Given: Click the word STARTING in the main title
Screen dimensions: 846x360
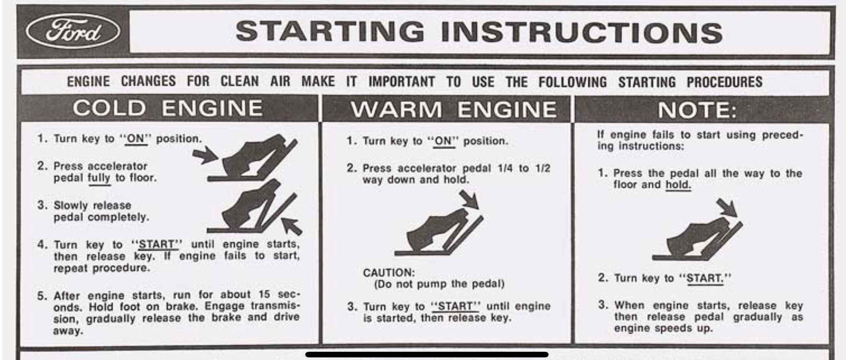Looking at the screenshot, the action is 330,32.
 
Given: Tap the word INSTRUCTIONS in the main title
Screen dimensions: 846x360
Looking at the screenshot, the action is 582,33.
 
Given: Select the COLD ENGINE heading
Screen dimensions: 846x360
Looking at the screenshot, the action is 168,108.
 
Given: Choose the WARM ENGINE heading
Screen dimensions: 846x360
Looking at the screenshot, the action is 454,110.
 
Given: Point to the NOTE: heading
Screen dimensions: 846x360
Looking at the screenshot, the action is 697,110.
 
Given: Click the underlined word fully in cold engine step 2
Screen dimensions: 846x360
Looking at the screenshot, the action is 99,178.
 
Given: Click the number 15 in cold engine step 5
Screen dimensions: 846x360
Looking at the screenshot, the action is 264,294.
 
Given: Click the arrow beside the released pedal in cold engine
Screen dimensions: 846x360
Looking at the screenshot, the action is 292,226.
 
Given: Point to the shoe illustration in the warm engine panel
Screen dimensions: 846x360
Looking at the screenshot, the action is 439,231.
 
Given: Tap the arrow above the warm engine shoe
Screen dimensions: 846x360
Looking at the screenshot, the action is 470,199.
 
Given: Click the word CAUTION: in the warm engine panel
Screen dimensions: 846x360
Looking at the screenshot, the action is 389,273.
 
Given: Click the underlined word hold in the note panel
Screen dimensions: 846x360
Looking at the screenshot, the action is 678,185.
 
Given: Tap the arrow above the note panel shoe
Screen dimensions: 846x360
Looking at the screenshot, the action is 727,207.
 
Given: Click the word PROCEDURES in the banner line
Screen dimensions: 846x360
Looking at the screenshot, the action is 725,82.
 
